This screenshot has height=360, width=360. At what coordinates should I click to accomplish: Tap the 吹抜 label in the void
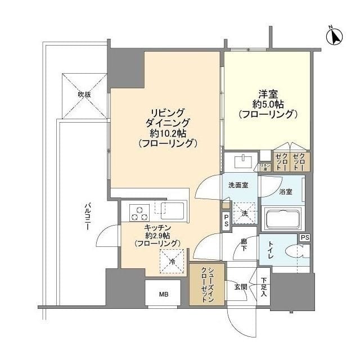click(84, 94)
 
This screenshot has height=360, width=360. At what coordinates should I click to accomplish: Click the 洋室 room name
click(267, 93)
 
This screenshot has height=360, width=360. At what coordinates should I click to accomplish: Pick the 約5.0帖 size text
click(267, 104)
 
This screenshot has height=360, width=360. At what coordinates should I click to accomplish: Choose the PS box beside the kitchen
click(226, 220)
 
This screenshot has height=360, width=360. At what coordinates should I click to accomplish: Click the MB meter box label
click(163, 294)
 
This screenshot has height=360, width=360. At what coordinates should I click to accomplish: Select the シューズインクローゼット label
click(206, 285)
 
